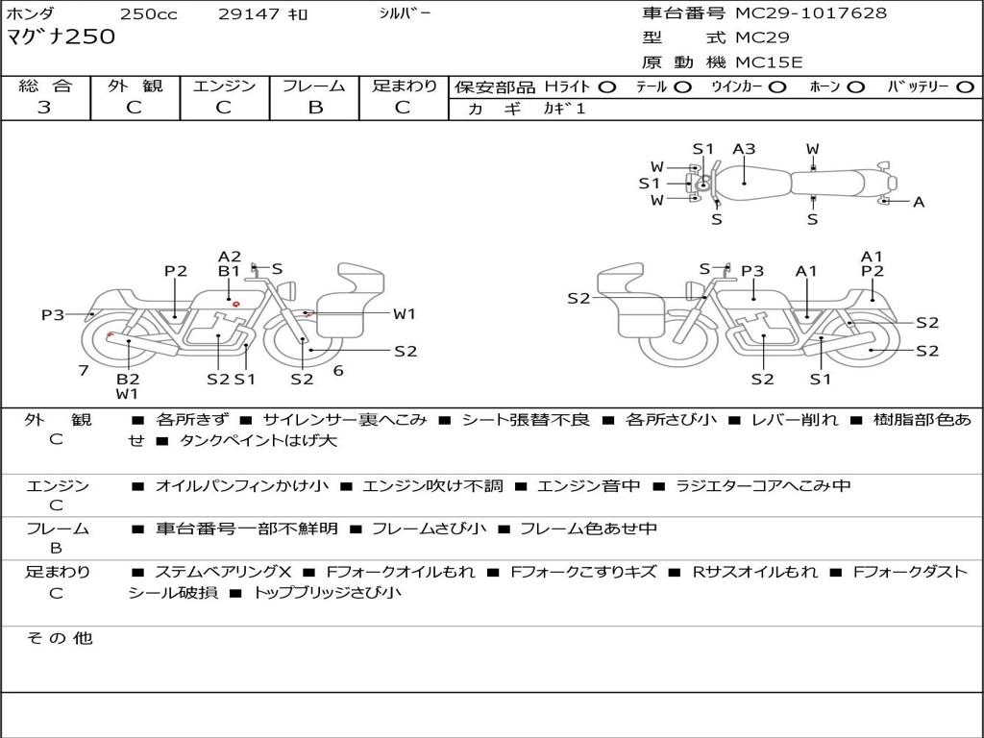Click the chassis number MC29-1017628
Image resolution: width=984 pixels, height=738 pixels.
point(811,13)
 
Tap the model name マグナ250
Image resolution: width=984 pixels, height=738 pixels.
point(61,37)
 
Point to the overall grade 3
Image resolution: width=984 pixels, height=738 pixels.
point(44,108)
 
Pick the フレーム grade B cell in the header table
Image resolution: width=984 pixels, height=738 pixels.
point(314,108)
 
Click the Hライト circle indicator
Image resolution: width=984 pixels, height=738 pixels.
point(606,86)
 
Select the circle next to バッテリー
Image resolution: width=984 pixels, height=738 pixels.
point(965,86)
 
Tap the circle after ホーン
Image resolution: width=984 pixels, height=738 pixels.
point(856,86)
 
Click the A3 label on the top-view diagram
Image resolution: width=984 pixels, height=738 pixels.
point(744,149)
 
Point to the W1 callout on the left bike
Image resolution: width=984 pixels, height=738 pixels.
point(404,313)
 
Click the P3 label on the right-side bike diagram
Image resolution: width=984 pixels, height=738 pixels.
point(752,271)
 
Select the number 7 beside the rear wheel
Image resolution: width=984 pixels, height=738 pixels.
point(84,370)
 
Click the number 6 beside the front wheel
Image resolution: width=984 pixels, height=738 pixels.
point(338,370)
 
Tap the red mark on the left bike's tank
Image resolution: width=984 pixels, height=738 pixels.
point(236,305)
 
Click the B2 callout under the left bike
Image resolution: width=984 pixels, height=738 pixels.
point(128,379)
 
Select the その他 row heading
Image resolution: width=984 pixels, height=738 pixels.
point(59,638)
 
